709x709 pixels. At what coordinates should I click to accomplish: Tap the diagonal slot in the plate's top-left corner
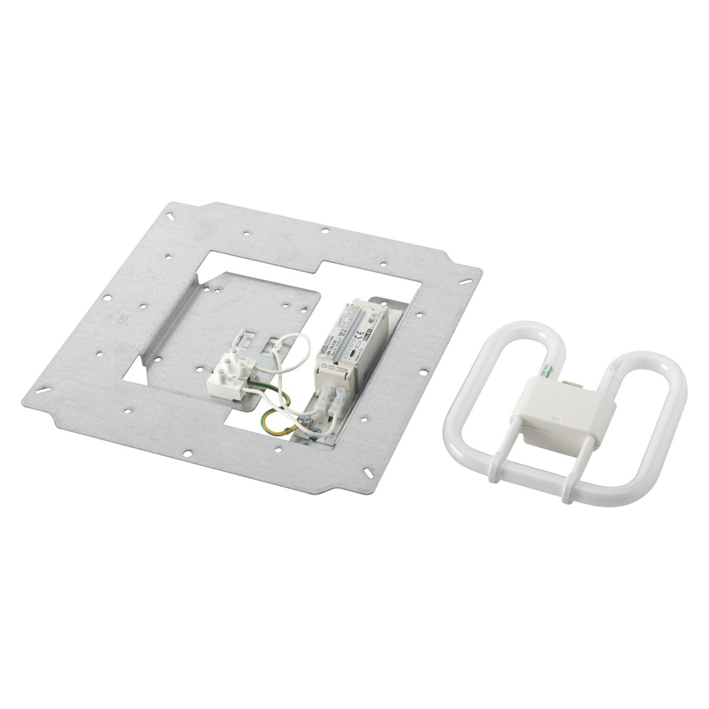173,217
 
